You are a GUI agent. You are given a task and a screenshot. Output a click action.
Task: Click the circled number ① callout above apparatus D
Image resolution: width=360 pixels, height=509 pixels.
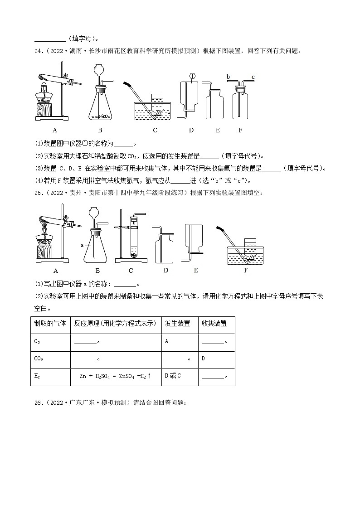pyautogui.click(x=192, y=76)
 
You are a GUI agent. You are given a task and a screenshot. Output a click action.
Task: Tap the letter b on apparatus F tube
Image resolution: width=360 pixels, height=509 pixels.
pyautogui.click(x=228, y=77)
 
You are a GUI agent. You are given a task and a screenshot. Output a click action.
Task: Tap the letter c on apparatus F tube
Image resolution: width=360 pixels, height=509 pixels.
pyautogui.click(x=253, y=77)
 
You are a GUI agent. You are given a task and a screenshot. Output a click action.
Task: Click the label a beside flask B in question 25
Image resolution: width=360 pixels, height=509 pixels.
pyautogui.click(x=83, y=245)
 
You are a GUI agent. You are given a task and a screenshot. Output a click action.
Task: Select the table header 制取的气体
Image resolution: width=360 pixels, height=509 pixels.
pyautogui.click(x=50, y=323)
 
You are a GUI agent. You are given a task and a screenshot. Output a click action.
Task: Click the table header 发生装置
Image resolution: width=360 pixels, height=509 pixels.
pyautogui.click(x=177, y=323)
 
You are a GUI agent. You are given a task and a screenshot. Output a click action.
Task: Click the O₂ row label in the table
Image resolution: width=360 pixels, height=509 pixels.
pyautogui.click(x=38, y=341)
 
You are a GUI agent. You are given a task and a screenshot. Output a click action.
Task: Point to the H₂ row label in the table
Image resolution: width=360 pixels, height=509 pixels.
pyautogui.click(x=38, y=376)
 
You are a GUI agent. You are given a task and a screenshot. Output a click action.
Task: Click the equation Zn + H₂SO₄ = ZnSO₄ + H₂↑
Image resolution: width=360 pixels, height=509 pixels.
pyautogui.click(x=115, y=376)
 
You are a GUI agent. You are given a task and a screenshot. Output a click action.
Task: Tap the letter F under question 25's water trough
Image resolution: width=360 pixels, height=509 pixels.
pyautogui.click(x=246, y=271)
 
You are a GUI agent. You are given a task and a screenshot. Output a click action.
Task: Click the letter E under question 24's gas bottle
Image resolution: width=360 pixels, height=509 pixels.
pyautogui.click(x=218, y=130)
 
